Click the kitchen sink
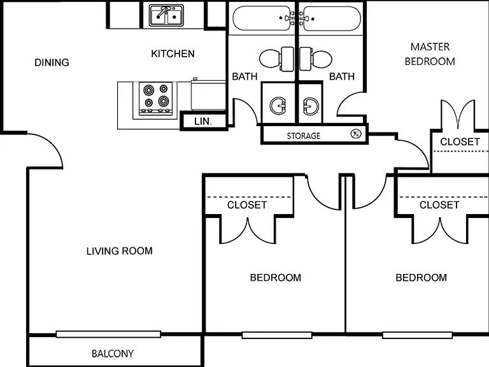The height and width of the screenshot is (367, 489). tap(166, 15)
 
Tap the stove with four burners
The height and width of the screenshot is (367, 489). tap(155, 98)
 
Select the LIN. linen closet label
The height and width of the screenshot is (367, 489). tap(203, 122)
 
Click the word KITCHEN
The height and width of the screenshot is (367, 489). tap(173, 54)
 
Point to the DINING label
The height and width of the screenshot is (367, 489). tap(52, 62)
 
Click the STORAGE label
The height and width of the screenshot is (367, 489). tap(304, 136)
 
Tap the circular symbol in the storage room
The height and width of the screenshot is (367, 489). tap(356, 134)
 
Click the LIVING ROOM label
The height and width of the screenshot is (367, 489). tap(120, 251)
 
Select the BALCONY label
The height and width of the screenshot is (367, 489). tap(113, 354)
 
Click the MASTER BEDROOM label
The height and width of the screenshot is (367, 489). tap(430, 54)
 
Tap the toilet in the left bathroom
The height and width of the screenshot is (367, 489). tap(276, 59)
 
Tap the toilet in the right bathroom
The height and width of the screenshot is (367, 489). tap(316, 59)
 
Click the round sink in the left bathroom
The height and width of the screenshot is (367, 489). tap(278, 106)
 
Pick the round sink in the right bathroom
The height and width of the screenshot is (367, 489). tap(311, 106)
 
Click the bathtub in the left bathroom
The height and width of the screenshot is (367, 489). tap(262, 18)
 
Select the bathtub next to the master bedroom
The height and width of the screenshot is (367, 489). tap(331, 18)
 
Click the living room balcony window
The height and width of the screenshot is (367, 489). tap(108, 335)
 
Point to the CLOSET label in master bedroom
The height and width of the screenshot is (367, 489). tap(460, 141)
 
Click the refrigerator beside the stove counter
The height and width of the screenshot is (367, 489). tap(208, 95)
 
